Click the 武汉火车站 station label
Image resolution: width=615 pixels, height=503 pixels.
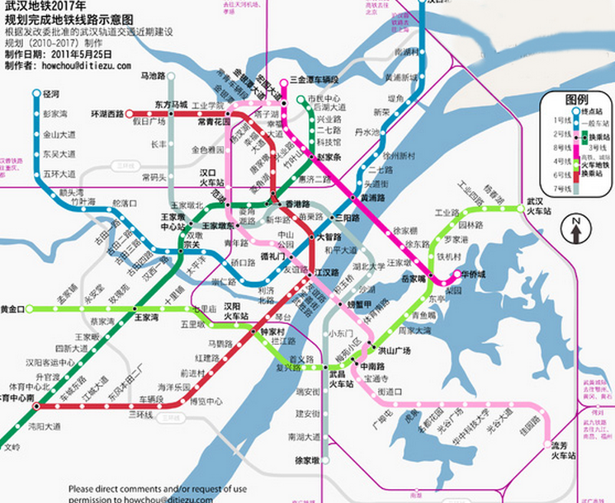540,204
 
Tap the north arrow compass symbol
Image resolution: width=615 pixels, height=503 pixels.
575,228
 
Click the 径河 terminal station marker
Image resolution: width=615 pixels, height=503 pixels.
36,94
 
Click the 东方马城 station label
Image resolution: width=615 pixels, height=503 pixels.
172,105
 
